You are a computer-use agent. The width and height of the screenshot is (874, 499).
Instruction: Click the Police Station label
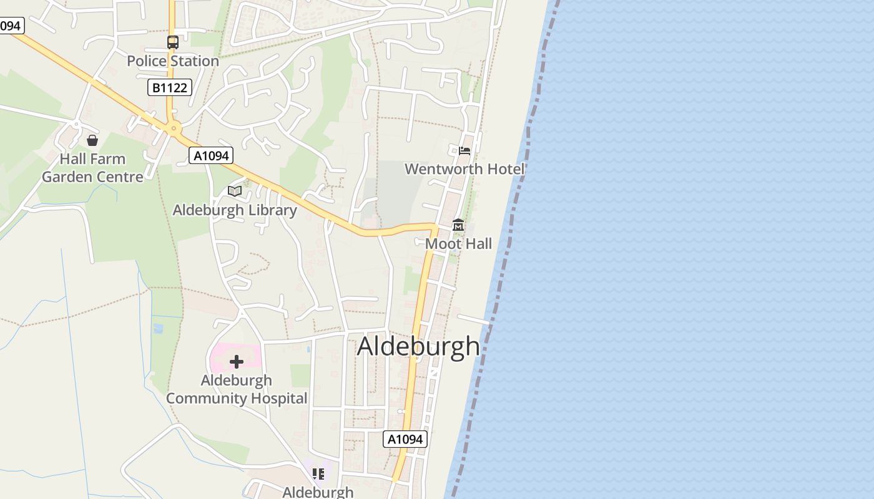[x=173, y=61]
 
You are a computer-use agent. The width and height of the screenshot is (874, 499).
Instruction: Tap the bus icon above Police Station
[x=173, y=42]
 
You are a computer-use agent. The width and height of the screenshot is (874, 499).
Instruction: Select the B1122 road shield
[x=170, y=87]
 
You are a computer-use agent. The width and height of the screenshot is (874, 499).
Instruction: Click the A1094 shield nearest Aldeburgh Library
[x=211, y=155]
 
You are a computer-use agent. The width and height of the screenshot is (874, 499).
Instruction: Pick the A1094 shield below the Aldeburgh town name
[x=405, y=439]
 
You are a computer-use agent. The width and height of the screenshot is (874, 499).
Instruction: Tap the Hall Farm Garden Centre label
[x=92, y=168]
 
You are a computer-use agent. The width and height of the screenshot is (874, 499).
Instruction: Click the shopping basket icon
[x=92, y=140]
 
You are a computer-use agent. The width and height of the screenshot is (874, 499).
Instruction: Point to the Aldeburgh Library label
[x=235, y=210]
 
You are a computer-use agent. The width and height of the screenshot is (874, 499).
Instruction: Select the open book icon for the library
[x=235, y=191]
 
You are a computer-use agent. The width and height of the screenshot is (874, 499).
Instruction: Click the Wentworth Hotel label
[x=464, y=169]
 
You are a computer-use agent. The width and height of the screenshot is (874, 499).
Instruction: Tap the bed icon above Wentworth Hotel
[x=464, y=150]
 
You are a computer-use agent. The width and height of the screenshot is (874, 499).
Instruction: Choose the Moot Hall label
[x=458, y=244]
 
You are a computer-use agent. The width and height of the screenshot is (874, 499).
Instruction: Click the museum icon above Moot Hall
[x=458, y=225]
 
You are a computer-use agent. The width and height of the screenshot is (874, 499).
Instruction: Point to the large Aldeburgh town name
[x=418, y=347]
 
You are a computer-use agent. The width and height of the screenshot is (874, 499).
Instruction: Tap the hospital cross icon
[x=236, y=362]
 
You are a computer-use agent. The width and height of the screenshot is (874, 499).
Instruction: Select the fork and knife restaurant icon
[x=318, y=474]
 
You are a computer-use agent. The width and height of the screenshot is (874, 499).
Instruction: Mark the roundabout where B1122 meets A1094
[x=174, y=128]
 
